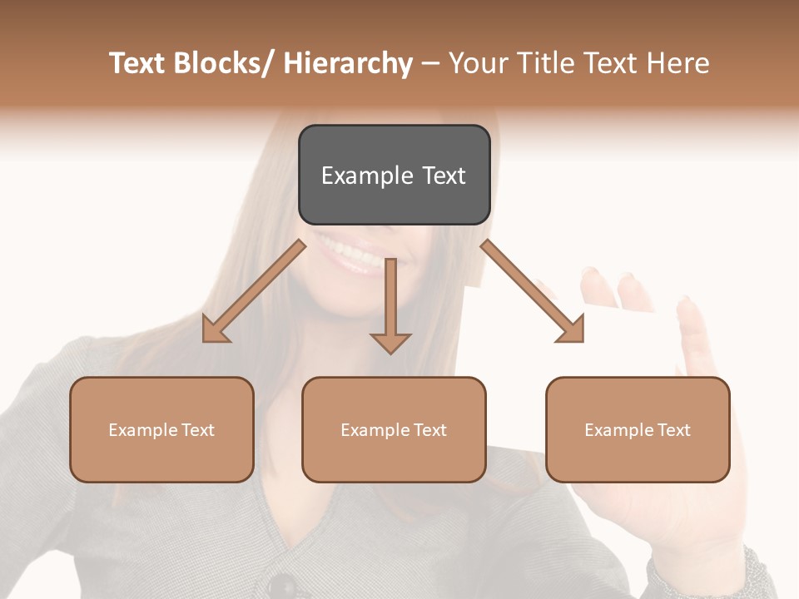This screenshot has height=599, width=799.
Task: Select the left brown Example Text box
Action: [x=161, y=429]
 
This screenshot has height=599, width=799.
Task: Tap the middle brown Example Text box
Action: [x=394, y=429]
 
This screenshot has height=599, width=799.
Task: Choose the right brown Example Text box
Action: [x=638, y=429]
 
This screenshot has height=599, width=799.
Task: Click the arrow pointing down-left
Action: [x=254, y=292]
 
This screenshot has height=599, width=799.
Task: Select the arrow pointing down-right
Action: [x=533, y=292]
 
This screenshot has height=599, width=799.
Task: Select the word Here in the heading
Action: [x=677, y=63]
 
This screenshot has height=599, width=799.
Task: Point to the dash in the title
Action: [x=430, y=65]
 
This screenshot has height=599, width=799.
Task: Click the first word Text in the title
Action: [x=137, y=63]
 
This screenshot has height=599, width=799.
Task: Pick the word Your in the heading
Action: [x=477, y=63]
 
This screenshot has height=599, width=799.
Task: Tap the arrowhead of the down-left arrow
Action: [x=215, y=330]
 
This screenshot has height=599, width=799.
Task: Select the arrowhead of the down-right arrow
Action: [x=572, y=330]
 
